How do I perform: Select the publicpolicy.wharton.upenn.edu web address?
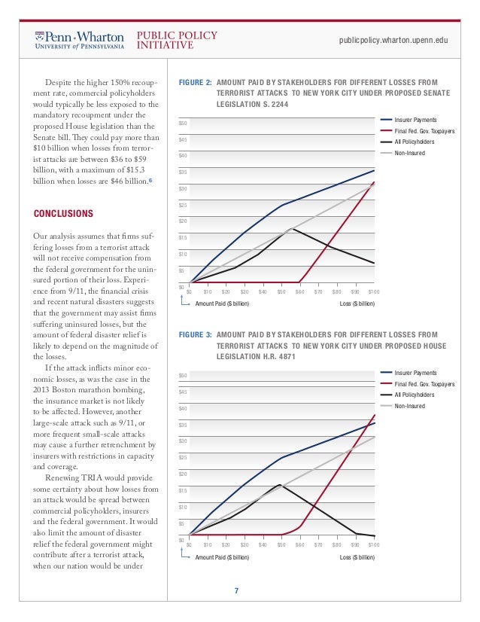pyautogui.click(x=393, y=40)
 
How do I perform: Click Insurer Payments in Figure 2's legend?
pyautogui.click(x=415, y=120)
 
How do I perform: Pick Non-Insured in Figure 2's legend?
pyautogui.click(x=410, y=152)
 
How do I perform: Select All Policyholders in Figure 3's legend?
pyautogui.click(x=415, y=395)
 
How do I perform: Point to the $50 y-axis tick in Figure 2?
pyautogui.click(x=183, y=122)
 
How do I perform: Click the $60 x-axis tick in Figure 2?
pyautogui.click(x=299, y=291)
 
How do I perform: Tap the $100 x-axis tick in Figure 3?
pyautogui.click(x=374, y=544)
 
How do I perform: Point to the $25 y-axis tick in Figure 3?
pyautogui.click(x=183, y=458)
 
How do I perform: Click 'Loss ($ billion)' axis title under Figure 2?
pyautogui.click(x=357, y=303)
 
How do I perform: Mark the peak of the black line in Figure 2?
pyautogui.click(x=293, y=228)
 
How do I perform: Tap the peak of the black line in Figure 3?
pyautogui.click(x=280, y=484)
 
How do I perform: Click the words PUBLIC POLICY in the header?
pyautogui.click(x=177, y=35)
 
